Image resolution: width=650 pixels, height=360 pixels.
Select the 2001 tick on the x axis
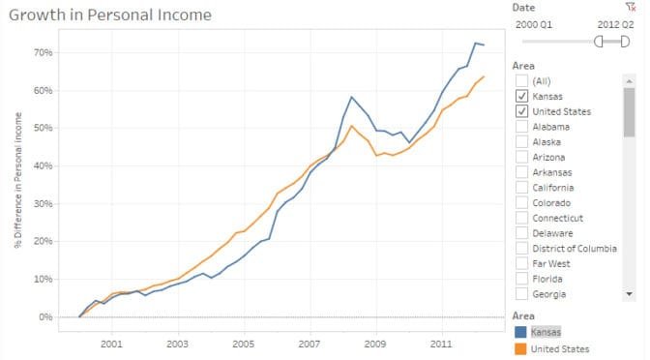click(x=111, y=344)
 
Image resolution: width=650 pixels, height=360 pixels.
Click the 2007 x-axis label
click(x=309, y=344)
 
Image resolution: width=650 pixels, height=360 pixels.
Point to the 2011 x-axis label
click(x=441, y=344)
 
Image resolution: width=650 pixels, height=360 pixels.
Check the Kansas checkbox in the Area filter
click(x=522, y=97)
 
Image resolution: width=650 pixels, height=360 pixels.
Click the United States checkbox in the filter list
click(x=522, y=112)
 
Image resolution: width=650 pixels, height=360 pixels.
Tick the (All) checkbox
click(x=522, y=81)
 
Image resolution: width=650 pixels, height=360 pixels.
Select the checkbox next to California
click(x=522, y=188)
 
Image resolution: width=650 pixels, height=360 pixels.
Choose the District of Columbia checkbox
click(x=522, y=249)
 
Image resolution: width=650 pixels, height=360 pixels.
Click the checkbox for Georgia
click(x=522, y=294)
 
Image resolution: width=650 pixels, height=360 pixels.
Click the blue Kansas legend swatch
click(x=522, y=332)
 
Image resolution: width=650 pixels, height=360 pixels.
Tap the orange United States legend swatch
click(x=522, y=348)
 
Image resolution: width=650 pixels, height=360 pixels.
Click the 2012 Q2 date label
click(x=616, y=23)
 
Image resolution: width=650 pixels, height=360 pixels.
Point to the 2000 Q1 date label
click(x=535, y=23)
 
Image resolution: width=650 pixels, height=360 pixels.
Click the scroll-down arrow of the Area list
click(x=630, y=293)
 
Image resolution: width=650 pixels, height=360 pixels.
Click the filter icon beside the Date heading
click(x=630, y=7)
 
